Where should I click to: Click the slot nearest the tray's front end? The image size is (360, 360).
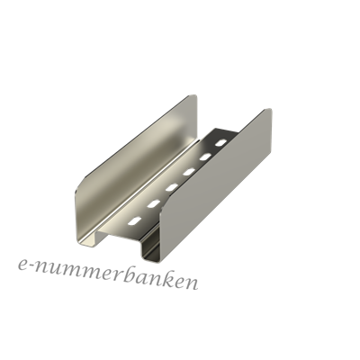pos(135,220)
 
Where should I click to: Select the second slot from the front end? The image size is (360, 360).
pos(153,203)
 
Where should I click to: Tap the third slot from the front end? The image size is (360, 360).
pos(171,187)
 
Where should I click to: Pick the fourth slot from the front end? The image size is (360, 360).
pos(189,172)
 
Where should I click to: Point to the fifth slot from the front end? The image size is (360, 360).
pos(205,157)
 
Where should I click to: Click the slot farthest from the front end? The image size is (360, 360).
pos(221,142)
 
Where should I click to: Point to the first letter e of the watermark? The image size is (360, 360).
pos(23,266)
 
